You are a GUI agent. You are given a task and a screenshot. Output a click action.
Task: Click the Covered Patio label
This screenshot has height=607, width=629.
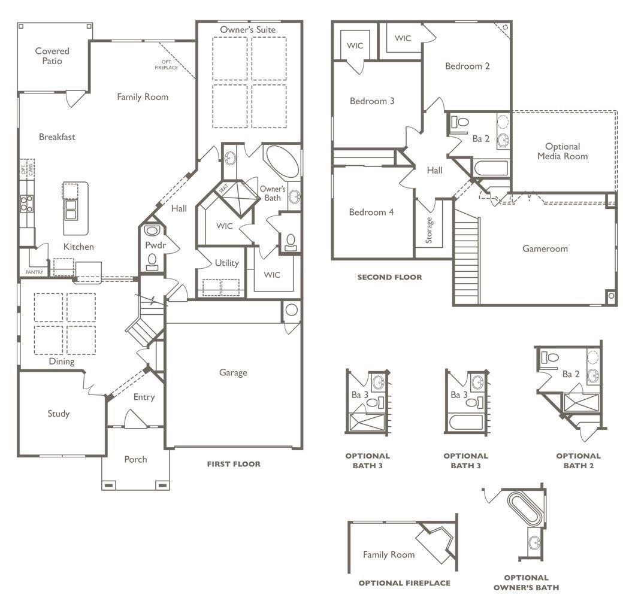coord(52,56)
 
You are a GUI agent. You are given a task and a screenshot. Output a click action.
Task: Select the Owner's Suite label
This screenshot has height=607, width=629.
coord(247,29)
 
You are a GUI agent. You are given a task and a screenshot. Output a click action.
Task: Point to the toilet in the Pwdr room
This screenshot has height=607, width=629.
coord(152,260)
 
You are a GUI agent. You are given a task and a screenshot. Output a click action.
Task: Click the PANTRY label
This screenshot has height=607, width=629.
coord(34,272)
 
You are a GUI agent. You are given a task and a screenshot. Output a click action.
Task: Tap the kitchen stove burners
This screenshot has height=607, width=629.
coord(27,204)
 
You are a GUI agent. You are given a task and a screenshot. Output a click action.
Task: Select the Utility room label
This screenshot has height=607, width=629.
coord(226,263)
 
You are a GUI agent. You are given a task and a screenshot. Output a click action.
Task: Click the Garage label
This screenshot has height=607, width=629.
coord(232,372)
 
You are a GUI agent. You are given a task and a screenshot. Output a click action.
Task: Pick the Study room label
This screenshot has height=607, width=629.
coord(59,414)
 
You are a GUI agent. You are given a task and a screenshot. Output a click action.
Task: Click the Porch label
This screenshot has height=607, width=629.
coord(135,459)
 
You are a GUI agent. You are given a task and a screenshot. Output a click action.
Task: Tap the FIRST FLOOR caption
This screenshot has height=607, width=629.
coord(234,464)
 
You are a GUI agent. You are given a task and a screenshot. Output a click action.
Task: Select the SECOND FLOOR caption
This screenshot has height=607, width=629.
coord(389,277)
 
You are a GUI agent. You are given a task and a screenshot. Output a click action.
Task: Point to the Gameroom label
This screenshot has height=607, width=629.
coord(545,248)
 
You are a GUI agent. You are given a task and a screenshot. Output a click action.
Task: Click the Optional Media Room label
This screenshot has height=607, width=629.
coord(562,151)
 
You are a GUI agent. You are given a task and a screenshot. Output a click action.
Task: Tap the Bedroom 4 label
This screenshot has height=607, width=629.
coord(371,212)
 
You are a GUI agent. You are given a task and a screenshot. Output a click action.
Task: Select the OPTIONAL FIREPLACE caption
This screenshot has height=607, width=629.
coord(404,582)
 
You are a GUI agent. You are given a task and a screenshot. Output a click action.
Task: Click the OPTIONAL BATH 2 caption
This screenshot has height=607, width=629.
coord(578,460)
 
